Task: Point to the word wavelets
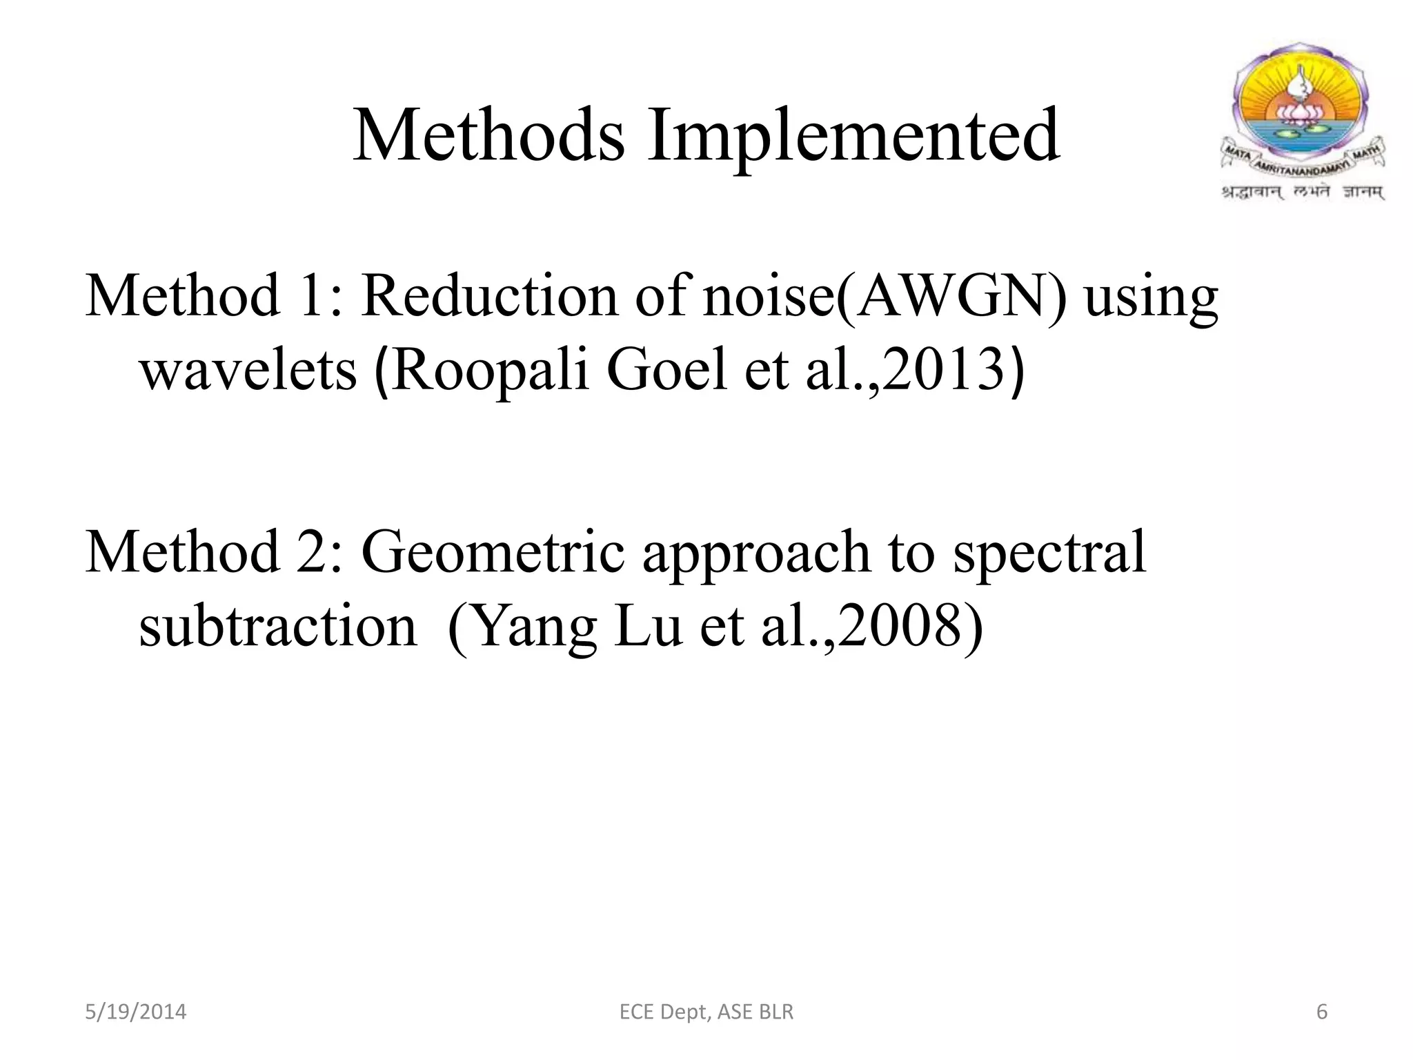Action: point(249,370)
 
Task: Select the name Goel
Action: point(666,370)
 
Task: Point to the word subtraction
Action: point(277,626)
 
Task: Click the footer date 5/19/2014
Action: point(135,1012)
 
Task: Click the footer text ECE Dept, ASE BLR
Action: point(706,1012)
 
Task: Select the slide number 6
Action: point(1322,1012)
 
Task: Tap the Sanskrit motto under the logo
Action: point(1303,192)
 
